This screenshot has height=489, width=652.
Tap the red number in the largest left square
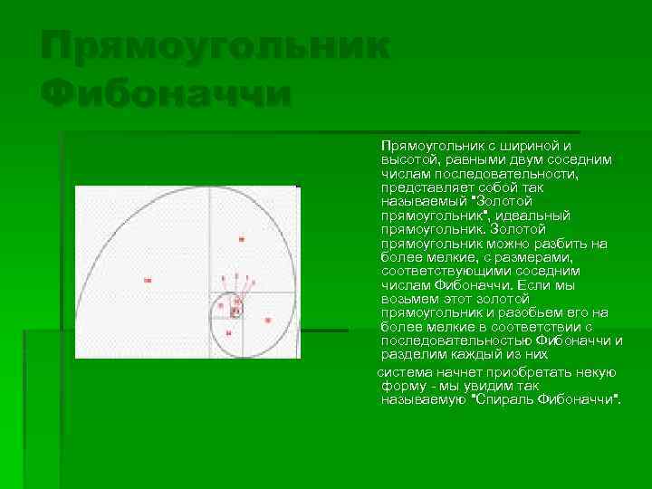[147, 281]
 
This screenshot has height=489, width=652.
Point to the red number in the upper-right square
[242, 239]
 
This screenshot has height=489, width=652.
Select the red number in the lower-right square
[267, 321]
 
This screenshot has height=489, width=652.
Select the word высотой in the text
[406, 159]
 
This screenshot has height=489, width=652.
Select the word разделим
[412, 355]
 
